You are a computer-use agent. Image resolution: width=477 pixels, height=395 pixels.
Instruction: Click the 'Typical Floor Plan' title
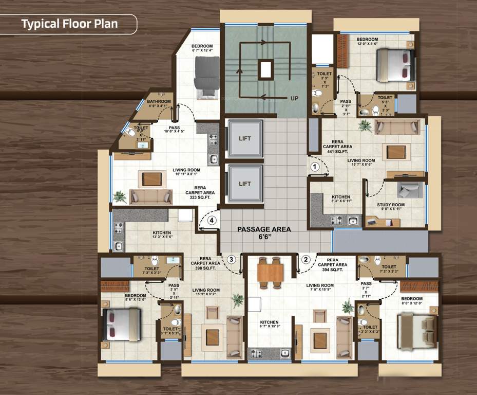69,24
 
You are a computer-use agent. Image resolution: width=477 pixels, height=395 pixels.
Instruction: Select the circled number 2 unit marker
306,260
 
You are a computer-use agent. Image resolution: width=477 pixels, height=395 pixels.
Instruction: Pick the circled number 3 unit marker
232,259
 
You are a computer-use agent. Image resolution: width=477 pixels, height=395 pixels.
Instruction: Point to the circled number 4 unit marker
213,221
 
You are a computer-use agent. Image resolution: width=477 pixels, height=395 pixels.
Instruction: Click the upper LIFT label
245,138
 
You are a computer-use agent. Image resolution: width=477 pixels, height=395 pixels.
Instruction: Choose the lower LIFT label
245,184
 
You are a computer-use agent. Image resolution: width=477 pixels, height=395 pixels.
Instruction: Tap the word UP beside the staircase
294,98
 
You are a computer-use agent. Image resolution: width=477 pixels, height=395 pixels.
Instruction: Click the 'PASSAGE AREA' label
264,229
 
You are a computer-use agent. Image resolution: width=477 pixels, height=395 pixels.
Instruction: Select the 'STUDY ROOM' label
391,205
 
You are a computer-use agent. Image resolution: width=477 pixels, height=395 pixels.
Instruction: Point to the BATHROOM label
159,101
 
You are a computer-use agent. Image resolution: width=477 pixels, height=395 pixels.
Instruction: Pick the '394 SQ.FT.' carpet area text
333,270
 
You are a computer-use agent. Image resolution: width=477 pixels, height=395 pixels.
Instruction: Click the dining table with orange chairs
270,271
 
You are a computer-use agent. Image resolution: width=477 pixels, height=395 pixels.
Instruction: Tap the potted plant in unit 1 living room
365,125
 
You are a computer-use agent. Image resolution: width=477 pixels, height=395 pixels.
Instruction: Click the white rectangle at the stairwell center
265,69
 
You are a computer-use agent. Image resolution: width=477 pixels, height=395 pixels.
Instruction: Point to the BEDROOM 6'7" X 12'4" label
202,48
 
